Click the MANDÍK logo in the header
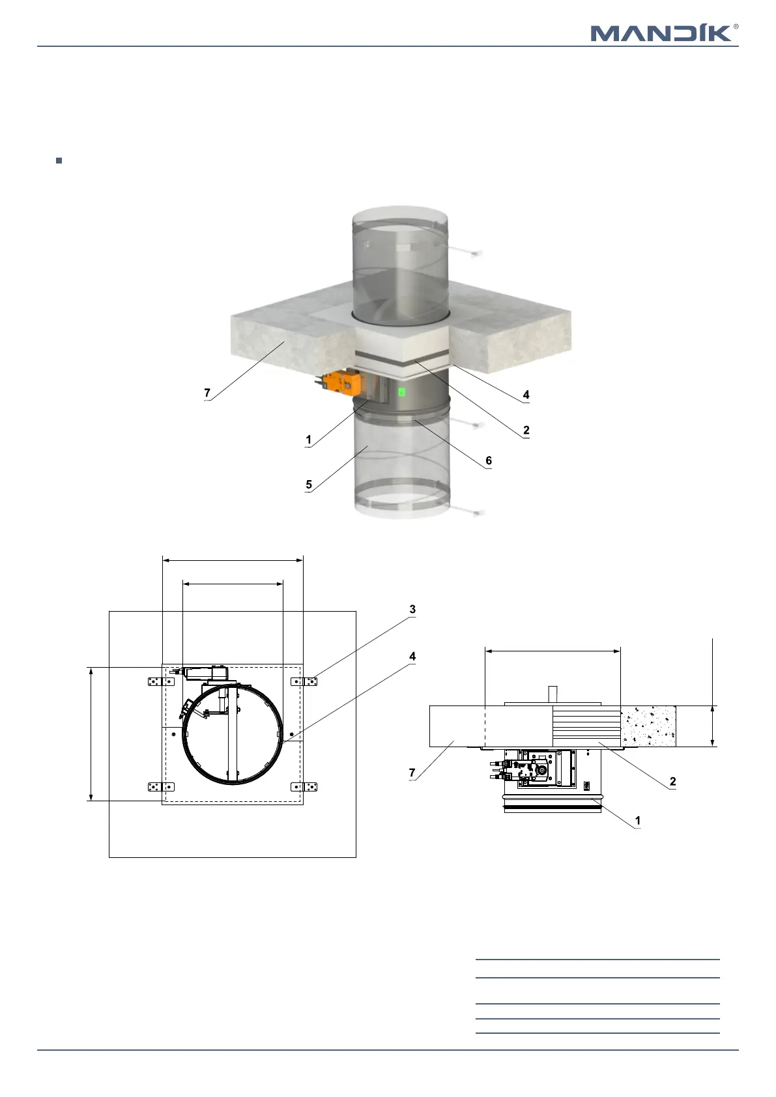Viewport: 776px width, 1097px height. [x=661, y=33]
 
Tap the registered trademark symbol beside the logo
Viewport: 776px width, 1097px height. [x=736, y=27]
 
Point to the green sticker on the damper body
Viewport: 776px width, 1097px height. [x=402, y=392]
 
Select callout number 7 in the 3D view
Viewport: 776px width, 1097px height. [x=207, y=393]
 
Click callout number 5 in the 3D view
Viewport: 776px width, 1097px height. [x=309, y=485]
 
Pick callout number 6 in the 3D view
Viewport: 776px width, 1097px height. [x=489, y=461]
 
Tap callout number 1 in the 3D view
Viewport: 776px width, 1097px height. [x=309, y=440]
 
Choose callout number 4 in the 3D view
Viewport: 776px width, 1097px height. [x=526, y=395]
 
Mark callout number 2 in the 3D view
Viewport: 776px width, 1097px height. [x=526, y=430]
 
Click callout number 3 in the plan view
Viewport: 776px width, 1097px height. [x=412, y=610]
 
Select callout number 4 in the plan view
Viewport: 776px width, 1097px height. [x=412, y=657]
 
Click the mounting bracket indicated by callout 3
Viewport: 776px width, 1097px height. [x=304, y=681]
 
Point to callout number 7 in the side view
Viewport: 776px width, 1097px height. [x=412, y=773]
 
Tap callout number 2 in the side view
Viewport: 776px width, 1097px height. [x=673, y=781]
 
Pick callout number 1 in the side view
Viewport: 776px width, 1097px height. [x=638, y=821]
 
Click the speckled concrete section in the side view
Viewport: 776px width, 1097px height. [x=648, y=726]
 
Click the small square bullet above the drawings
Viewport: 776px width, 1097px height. [x=59, y=160]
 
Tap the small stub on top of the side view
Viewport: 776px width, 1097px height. [x=553, y=692]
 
